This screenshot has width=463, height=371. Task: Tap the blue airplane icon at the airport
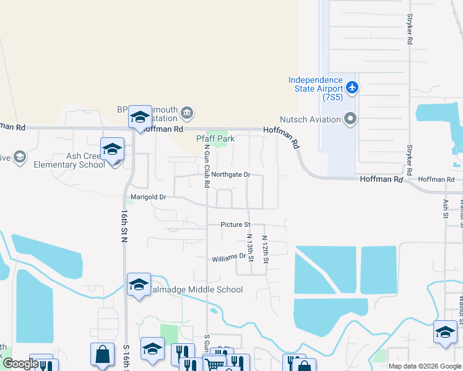(x=353, y=87)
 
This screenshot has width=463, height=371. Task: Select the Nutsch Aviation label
(x=310, y=119)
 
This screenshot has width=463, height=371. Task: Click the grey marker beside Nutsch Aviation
(x=350, y=118)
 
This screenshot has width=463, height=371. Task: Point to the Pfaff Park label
(x=215, y=139)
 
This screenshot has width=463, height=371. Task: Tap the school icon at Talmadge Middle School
(x=139, y=284)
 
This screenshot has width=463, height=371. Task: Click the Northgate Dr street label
(x=230, y=175)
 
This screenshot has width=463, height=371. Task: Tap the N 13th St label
(x=250, y=247)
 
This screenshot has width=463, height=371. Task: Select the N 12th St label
(x=265, y=249)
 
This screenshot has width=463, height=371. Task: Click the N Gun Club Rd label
(x=207, y=163)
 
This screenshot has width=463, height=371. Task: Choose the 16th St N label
(x=124, y=225)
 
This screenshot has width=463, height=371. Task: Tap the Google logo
(x=20, y=364)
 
